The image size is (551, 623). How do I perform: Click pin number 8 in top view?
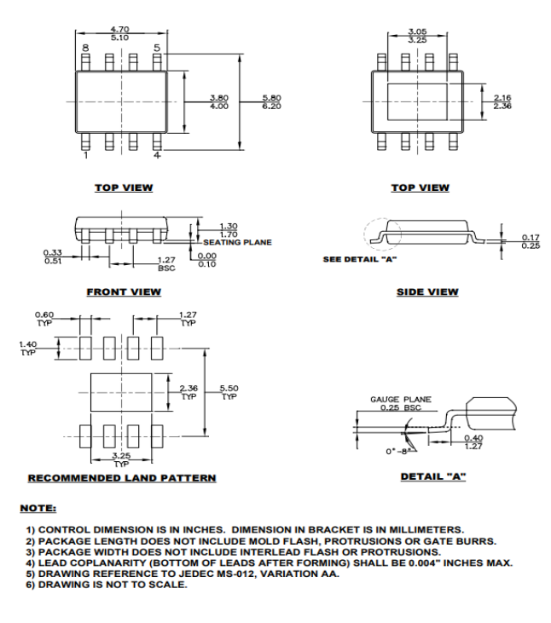84,49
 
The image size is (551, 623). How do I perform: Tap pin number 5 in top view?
156,49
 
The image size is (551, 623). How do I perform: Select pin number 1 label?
84,156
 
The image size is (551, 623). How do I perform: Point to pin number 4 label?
156,156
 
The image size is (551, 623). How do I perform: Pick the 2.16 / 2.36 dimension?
502,101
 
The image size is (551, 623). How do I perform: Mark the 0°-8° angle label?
394,449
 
